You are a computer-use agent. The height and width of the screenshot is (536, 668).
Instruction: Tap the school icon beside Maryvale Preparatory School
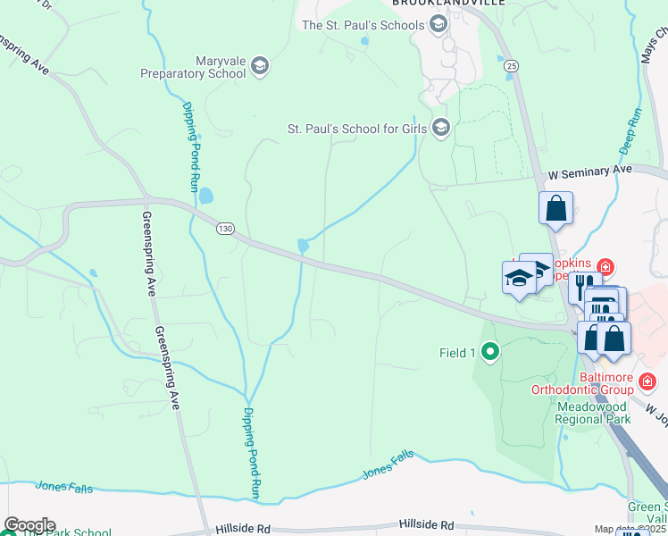259,65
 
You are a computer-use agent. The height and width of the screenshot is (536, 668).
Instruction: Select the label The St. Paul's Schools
363,25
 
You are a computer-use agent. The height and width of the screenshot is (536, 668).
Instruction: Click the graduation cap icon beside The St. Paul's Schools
438,25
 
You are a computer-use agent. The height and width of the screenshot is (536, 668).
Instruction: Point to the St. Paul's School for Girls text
356,129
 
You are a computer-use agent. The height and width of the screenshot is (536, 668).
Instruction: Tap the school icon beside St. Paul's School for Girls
440,129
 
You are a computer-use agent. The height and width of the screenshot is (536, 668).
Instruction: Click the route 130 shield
225,230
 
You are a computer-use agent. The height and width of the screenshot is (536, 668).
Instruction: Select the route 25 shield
511,65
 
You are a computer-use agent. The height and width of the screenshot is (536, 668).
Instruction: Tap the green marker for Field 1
488,353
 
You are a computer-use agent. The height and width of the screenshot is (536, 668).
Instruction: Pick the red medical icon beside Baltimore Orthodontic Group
647,383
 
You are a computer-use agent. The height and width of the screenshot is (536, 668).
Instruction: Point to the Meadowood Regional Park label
594,412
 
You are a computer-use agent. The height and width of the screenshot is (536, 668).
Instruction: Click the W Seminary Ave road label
589,170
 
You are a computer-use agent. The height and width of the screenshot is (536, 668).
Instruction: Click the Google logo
29,525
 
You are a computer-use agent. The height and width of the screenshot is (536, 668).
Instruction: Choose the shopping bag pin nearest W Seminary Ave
555,208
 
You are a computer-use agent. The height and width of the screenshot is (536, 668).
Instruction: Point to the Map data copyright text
630,530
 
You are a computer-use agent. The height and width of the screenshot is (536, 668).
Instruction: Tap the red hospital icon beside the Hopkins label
605,267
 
